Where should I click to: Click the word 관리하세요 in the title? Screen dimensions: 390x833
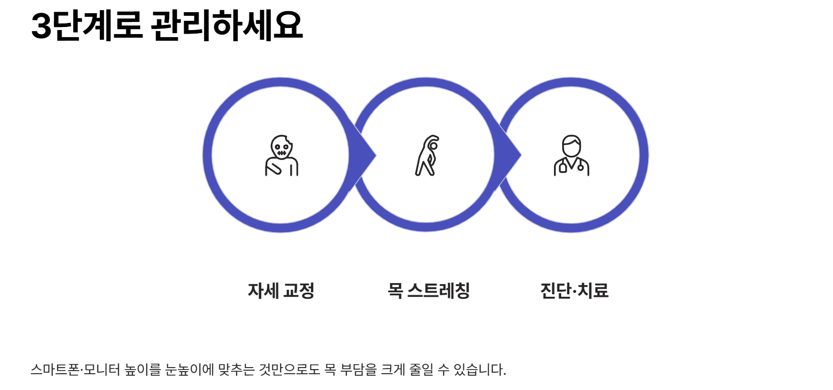coord(227,25)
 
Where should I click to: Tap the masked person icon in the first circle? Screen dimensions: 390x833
coord(282,155)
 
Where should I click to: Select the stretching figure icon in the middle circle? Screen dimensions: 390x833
coord(427,155)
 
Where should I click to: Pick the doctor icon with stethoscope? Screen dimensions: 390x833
coord(571,156)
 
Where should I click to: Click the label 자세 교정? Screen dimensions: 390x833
coord(281,291)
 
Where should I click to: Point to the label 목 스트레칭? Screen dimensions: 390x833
coord(429,291)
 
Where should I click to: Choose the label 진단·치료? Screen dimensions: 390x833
coord(574,291)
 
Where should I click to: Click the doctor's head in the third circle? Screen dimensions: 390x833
coord(571,146)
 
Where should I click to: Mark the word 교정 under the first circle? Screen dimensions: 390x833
coord(299,291)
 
